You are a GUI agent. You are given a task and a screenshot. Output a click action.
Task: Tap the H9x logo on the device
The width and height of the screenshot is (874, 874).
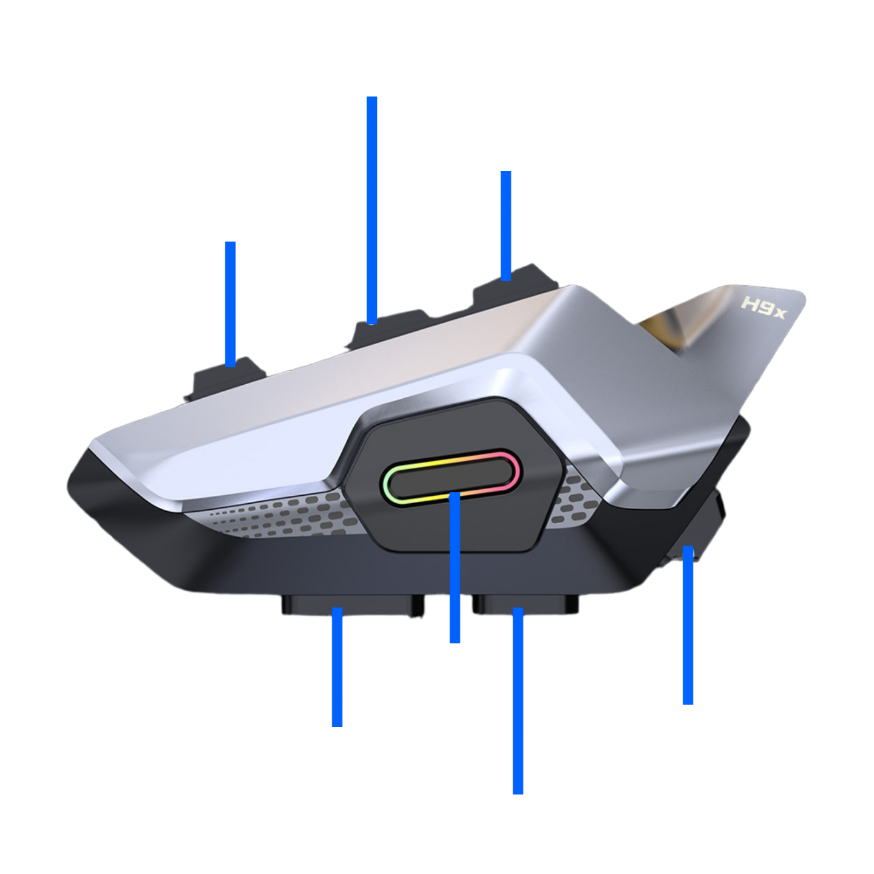coord(763,307)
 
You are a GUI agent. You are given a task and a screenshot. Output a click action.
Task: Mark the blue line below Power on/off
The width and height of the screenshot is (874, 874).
coord(230,303)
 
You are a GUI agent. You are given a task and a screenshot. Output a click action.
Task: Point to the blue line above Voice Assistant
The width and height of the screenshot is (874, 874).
coord(687,625)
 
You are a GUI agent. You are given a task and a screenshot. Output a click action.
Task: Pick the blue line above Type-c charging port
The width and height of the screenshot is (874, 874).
coord(337,668)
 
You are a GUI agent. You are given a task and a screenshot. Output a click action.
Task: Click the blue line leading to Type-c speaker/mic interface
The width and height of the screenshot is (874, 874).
coord(518,701)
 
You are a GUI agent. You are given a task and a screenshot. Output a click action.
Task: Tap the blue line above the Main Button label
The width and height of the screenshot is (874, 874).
coord(455,567)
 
